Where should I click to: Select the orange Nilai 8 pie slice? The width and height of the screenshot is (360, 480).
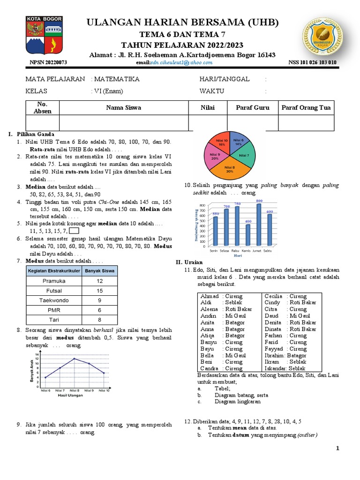pyautogui.click(x=229, y=168)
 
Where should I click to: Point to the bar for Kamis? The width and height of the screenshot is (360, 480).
pyautogui.click(x=248, y=234)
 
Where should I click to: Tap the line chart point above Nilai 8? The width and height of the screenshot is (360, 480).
pyautogui.click(x=74, y=359)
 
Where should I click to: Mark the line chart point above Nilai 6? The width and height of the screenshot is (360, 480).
pyautogui.click(x=45, y=377)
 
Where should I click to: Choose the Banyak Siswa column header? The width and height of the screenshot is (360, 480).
pyautogui.click(x=100, y=270)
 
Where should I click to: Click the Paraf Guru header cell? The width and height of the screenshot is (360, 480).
pyautogui.click(x=253, y=108)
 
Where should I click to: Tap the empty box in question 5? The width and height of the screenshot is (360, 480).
pyautogui.click(x=74, y=230)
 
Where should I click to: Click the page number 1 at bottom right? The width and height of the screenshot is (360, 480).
pyautogui.click(x=337, y=449)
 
